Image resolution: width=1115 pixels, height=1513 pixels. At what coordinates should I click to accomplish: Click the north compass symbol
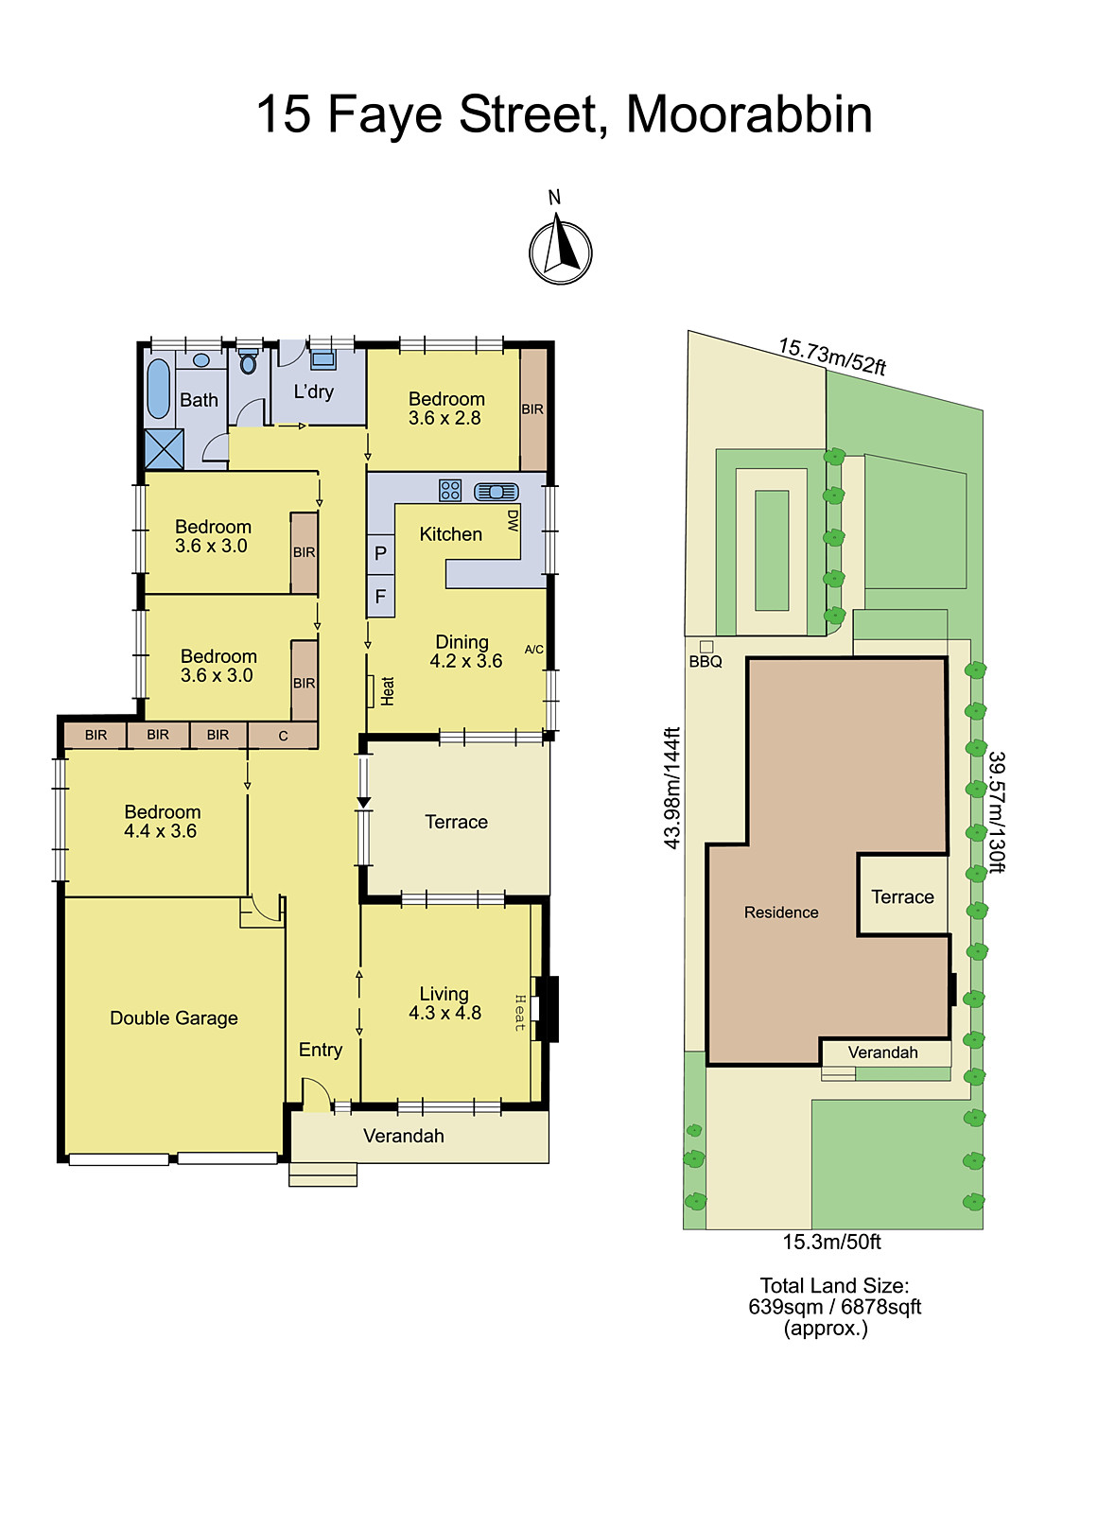(x=560, y=252)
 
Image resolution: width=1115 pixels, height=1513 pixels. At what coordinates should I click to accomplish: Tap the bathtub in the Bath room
(x=159, y=388)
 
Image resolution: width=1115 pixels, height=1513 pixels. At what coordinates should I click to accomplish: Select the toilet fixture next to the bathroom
(x=248, y=362)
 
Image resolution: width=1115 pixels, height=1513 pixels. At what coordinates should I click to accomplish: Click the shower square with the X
(x=164, y=449)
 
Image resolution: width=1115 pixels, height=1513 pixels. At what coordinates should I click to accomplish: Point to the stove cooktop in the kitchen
(x=450, y=490)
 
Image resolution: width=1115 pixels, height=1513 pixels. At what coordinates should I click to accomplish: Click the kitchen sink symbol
(x=497, y=492)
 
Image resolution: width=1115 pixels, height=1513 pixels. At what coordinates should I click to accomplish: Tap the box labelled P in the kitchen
(x=380, y=554)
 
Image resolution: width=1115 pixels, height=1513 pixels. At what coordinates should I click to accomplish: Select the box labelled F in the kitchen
(x=380, y=597)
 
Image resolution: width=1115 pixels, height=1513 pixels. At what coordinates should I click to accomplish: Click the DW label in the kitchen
(x=513, y=521)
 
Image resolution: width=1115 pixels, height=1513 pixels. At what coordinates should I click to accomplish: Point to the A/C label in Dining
(x=534, y=650)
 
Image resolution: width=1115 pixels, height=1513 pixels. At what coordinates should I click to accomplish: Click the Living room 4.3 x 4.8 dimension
(x=444, y=1014)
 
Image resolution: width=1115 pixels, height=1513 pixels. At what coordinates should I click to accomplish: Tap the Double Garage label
(x=174, y=1018)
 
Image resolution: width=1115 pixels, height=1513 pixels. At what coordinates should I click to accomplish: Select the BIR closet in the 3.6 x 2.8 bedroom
(x=533, y=409)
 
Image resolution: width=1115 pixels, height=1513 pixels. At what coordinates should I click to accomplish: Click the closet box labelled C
(x=283, y=736)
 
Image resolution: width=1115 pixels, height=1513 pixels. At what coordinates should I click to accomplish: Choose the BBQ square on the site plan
(x=706, y=647)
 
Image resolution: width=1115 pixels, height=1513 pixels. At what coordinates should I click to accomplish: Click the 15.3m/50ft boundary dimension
(x=831, y=1243)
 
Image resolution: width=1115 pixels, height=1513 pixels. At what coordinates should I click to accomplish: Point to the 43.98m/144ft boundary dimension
(x=671, y=787)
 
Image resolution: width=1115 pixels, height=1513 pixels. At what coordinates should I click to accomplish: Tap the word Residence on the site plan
(x=781, y=913)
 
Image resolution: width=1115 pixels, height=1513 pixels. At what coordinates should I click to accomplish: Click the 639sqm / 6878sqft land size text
(x=834, y=1307)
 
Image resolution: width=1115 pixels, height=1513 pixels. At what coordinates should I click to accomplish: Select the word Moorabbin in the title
(x=749, y=114)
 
